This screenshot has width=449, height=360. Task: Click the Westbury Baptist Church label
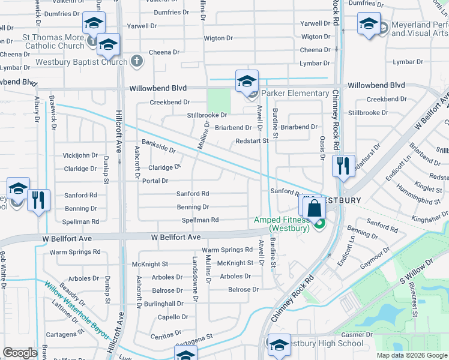[x=82, y=62]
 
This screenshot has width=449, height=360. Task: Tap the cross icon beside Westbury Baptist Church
[x=137, y=61]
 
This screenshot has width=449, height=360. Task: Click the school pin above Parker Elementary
[x=247, y=82]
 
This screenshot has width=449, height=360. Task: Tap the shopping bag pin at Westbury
[x=313, y=209]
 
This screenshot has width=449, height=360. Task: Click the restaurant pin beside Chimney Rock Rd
[x=343, y=165]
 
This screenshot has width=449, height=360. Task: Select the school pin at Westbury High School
[x=279, y=345]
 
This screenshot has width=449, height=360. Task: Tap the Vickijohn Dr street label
[x=80, y=155]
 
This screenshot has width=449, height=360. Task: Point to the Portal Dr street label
[x=155, y=181]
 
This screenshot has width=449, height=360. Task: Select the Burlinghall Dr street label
[x=163, y=304]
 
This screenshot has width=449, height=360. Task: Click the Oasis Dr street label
[x=322, y=153]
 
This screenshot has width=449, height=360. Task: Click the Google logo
[x=20, y=353]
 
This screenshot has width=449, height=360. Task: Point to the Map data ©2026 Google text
[x=411, y=355]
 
